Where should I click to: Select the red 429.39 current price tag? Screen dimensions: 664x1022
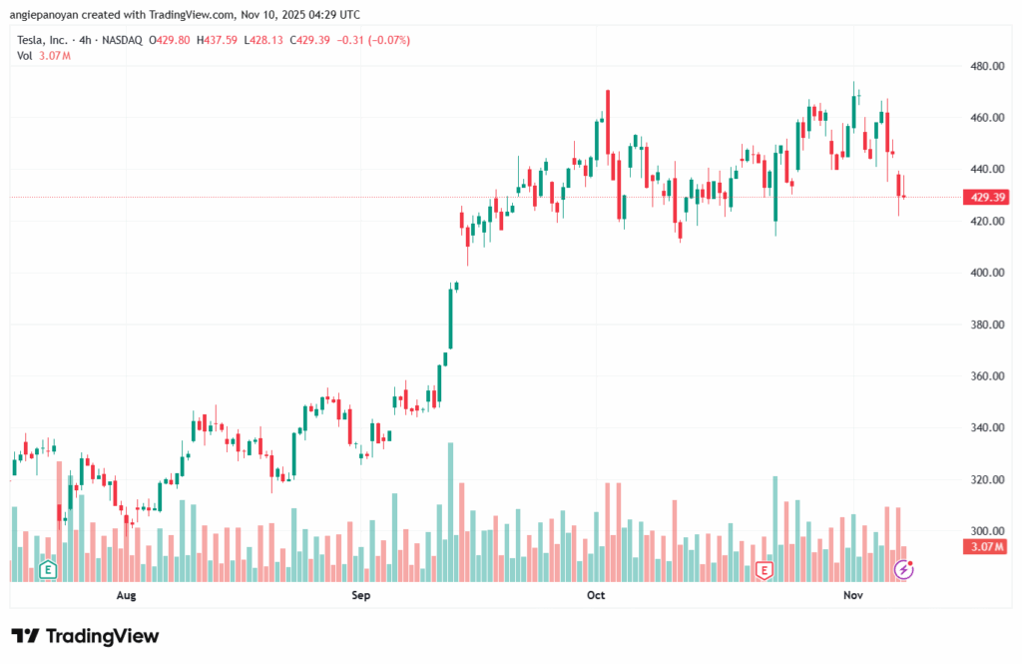[x=986, y=198]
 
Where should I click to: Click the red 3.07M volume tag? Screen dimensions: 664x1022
[x=985, y=546]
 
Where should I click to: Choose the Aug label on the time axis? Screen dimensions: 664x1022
[x=126, y=596]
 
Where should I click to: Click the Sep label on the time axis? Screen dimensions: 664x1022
[x=361, y=596]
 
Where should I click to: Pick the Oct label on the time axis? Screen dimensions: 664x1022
[x=596, y=596]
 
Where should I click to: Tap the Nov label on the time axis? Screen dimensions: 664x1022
[x=852, y=596]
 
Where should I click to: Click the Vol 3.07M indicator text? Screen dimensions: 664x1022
[x=43, y=55]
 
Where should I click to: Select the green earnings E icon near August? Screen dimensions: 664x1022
[x=46, y=570]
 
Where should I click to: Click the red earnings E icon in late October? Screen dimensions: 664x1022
[x=765, y=570]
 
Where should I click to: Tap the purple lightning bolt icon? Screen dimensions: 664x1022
[x=904, y=569]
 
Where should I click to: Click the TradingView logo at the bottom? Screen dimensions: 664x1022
[x=85, y=636]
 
